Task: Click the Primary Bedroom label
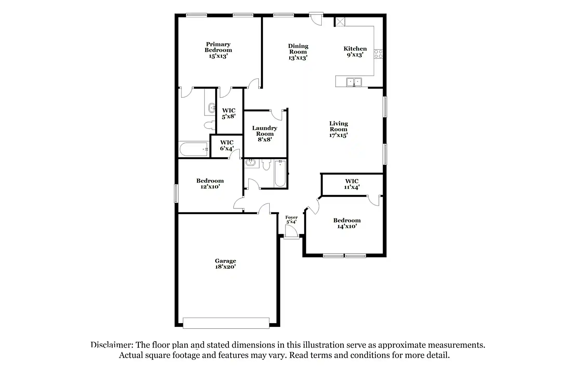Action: [218, 50]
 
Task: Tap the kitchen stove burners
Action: [378, 54]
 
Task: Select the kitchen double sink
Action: [354, 82]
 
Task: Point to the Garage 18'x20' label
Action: [225, 264]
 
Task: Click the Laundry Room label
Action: [265, 133]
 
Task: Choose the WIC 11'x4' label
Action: [352, 184]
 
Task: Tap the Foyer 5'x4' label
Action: [291, 219]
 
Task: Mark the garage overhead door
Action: [226, 323]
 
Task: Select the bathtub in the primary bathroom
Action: [194, 149]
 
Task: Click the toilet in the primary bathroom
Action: [210, 125]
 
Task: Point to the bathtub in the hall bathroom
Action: [280, 173]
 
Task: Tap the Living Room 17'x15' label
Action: [338, 129]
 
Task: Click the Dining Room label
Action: [298, 52]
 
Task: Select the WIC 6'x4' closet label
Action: [227, 145]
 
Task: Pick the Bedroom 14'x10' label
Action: [347, 223]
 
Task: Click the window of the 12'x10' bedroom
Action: [176, 193]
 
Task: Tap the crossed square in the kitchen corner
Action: [340, 22]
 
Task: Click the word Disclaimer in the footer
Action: [112, 345]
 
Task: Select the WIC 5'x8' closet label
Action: [229, 113]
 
